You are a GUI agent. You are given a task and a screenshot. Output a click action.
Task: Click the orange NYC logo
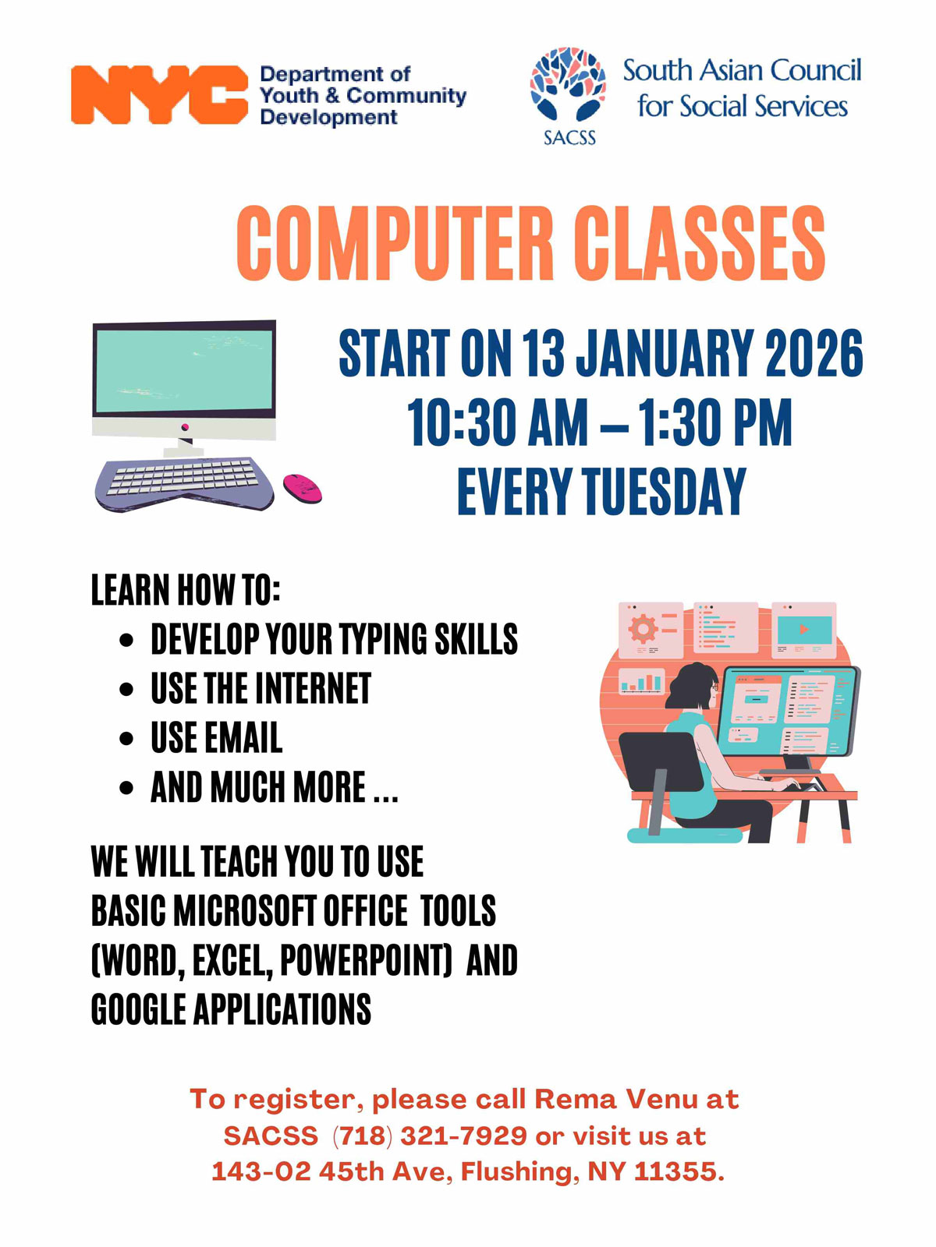coord(160,94)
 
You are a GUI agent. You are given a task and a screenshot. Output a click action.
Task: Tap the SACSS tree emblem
coord(568,84)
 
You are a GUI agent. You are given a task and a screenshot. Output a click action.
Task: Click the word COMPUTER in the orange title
coord(395,243)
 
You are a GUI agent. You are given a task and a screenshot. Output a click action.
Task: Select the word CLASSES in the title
coord(699,243)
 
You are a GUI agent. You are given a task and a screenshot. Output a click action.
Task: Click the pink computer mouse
coord(303,488)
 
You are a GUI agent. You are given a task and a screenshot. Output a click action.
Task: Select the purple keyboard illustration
coord(184,483)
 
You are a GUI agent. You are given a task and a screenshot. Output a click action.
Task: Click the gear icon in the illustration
coord(643,629)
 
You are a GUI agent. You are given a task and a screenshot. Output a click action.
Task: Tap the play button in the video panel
coord(803,629)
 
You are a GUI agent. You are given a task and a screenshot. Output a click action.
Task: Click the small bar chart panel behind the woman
coord(642,680)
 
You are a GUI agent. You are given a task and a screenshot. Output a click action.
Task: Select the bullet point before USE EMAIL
coord(126,739)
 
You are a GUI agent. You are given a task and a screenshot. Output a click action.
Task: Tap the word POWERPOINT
coord(366,960)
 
